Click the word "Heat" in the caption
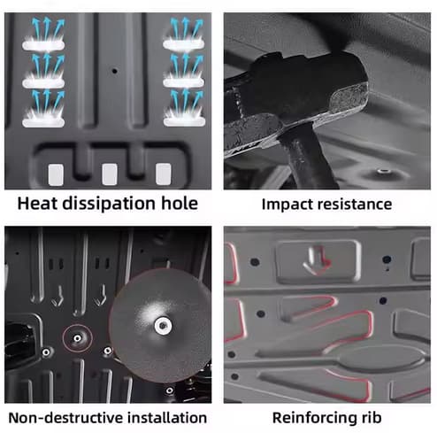click(37, 203)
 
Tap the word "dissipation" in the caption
click(109, 204)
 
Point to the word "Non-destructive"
click(66, 418)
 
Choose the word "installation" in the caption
click(167, 418)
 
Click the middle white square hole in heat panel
click(110, 174)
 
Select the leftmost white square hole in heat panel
click(56, 174)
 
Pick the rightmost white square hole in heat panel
click(164, 174)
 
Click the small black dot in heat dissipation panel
click(115, 71)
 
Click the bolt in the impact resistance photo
click(384, 171)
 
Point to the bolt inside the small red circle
click(77, 338)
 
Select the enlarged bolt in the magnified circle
click(163, 326)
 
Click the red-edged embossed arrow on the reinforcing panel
click(317, 260)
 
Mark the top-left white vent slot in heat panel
click(43, 45)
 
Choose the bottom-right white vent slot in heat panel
click(184, 122)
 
